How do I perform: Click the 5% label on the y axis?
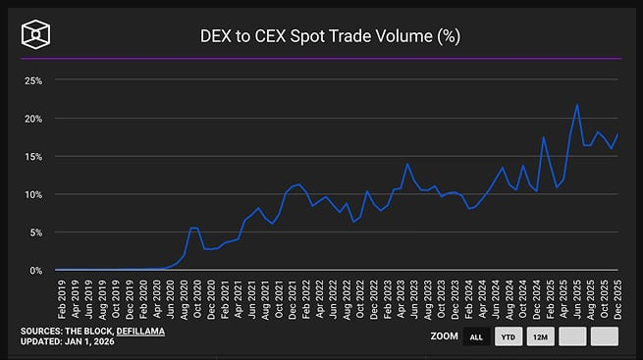point(35,232)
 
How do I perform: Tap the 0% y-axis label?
point(35,270)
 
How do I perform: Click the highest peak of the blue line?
point(577,105)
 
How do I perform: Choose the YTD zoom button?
point(508,336)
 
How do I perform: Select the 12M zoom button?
point(540,336)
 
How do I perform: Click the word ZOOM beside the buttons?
point(444,336)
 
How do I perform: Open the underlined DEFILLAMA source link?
point(140,332)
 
